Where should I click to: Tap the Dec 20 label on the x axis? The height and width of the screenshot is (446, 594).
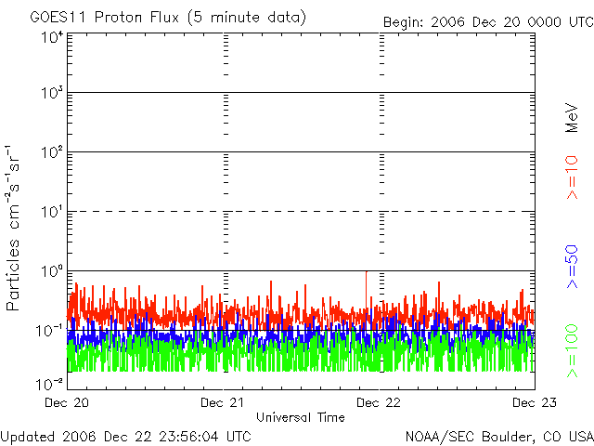pyautogui.click(x=67, y=402)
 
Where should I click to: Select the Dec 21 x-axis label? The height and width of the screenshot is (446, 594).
pyautogui.click(x=223, y=402)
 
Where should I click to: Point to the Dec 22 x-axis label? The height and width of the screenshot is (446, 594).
pyautogui.click(x=379, y=402)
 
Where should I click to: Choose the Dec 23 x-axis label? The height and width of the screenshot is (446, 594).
pyautogui.click(x=535, y=402)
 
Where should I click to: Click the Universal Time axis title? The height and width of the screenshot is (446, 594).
pyautogui.click(x=301, y=417)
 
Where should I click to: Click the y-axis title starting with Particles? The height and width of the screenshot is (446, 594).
pyautogui.click(x=13, y=229)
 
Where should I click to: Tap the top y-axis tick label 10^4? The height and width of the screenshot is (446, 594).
pyautogui.click(x=52, y=37)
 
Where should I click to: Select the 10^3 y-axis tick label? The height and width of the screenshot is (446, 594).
pyautogui.click(x=52, y=92)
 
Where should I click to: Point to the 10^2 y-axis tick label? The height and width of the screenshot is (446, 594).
pyautogui.click(x=52, y=152)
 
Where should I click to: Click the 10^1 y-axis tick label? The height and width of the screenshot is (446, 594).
pyautogui.click(x=52, y=212)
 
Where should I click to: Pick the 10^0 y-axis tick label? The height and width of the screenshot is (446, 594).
pyautogui.click(x=52, y=271)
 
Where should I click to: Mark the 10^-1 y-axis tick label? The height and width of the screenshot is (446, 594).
pyautogui.click(x=49, y=331)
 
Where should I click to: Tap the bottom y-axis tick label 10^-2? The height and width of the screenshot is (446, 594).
pyautogui.click(x=49, y=384)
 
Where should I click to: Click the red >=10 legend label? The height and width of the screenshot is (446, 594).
pyautogui.click(x=572, y=177)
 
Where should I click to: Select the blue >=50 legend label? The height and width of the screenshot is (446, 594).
pyautogui.click(x=572, y=267)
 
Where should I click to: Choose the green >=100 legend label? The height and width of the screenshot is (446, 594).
pyautogui.click(x=572, y=351)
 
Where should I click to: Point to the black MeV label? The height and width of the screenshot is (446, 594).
pyautogui.click(x=572, y=118)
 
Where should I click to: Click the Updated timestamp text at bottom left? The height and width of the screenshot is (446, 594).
pyautogui.click(x=126, y=437)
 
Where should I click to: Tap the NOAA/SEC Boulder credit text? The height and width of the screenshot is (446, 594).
pyautogui.click(x=499, y=437)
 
